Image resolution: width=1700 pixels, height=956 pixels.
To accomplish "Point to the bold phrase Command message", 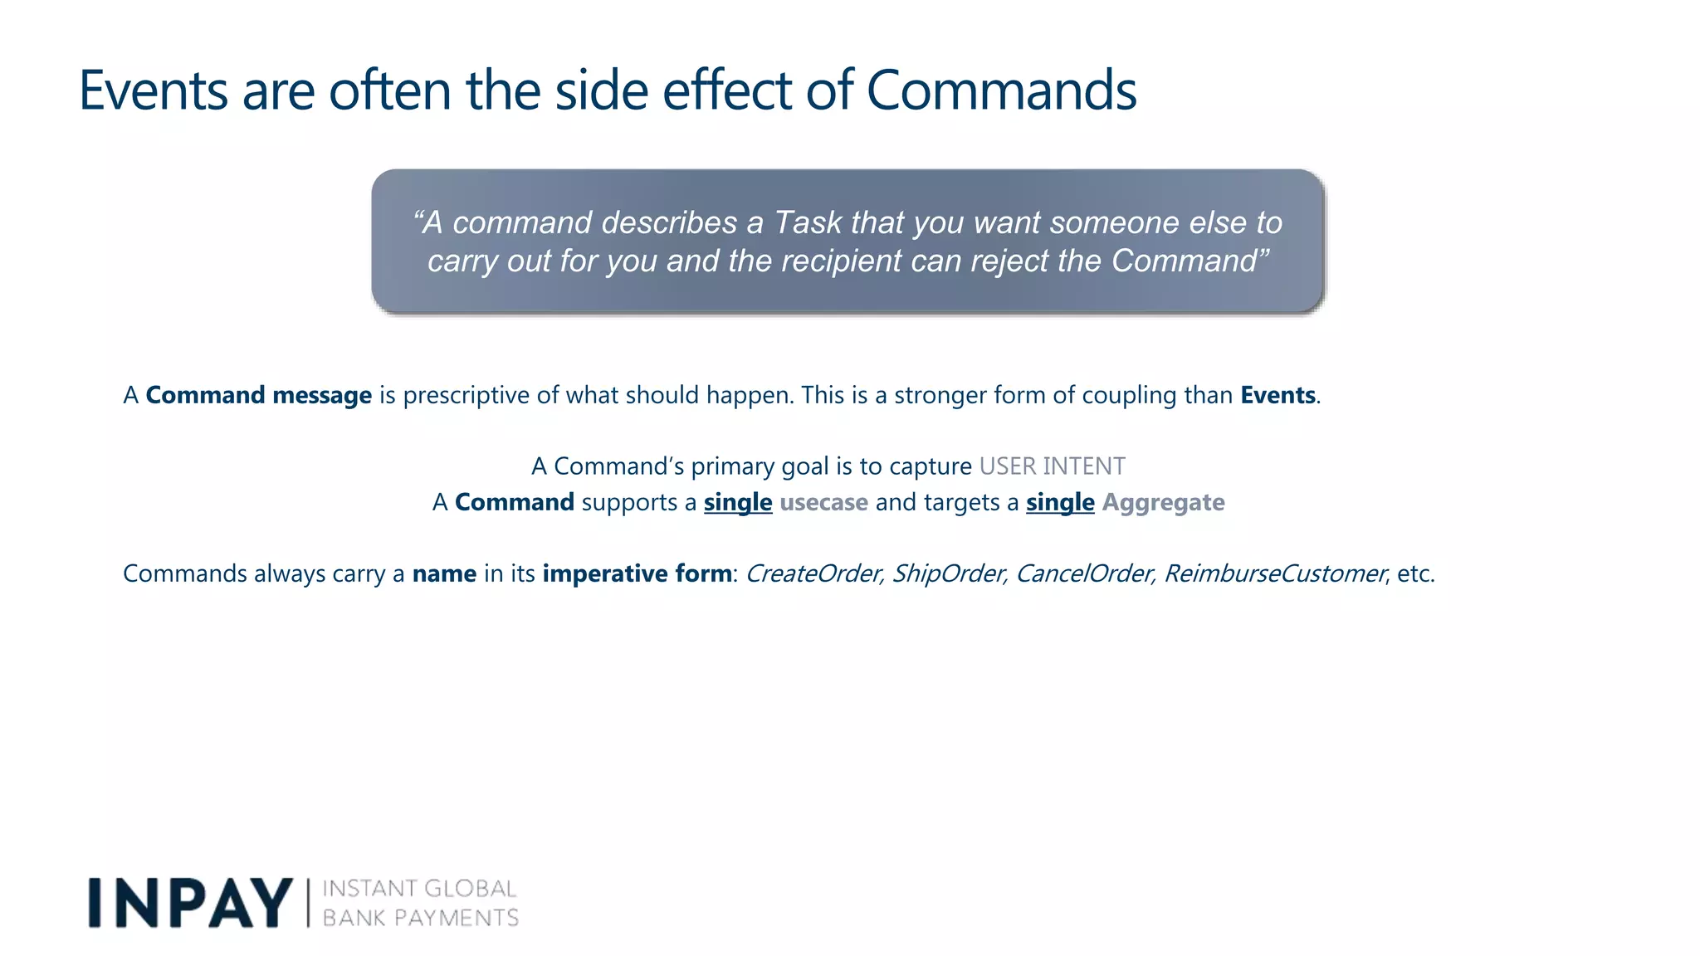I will (258, 395).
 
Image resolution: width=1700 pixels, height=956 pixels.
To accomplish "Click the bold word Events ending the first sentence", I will (1277, 395).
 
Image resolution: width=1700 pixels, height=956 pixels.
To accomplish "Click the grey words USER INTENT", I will (1052, 466).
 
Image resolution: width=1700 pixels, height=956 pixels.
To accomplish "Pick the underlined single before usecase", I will (738, 502).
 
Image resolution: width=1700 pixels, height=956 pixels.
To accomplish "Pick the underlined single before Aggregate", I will (1060, 502).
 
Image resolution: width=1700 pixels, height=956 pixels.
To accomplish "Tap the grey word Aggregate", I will (1163, 502).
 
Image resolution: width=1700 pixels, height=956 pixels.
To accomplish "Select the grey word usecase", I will (823, 502).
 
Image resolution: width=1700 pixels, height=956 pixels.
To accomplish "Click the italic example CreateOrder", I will (813, 573).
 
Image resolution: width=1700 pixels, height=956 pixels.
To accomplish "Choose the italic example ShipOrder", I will (948, 573).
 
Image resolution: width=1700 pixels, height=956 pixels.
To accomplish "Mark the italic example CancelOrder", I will (1084, 573).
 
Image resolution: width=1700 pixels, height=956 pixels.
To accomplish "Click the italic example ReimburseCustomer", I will (1274, 573).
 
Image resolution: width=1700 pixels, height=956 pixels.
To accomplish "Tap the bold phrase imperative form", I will (637, 573).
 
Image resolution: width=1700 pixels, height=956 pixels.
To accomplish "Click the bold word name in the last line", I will (444, 573).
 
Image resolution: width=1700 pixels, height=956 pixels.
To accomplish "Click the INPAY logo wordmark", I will (190, 903).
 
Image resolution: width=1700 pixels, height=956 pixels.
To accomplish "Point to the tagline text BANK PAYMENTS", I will (420, 918).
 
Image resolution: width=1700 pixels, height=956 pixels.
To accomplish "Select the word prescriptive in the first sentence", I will (466, 395).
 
